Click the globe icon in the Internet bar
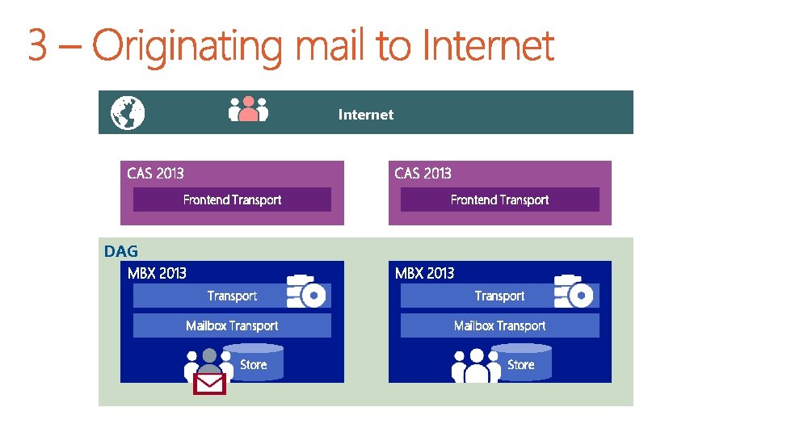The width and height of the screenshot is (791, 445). click(128, 113)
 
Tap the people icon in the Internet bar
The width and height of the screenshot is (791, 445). click(248, 110)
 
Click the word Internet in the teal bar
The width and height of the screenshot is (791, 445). click(365, 115)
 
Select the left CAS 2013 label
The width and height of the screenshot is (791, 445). click(155, 173)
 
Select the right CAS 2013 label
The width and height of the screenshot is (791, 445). click(423, 173)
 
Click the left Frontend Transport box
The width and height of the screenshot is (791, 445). click(232, 199)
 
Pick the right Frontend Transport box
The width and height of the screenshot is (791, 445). click(499, 199)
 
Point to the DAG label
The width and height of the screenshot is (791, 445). click(121, 251)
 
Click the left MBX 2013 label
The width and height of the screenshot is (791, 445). click(157, 273)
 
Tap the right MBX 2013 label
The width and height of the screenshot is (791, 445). click(424, 273)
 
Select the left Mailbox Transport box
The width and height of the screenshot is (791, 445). click(232, 325)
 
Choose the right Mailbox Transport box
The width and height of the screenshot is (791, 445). click(499, 325)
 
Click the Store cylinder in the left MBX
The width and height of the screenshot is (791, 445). click(253, 363)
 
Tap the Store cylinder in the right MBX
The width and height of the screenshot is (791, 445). click(520, 363)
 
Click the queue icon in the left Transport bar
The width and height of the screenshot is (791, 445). click(307, 292)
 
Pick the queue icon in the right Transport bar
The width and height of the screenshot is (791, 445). click(574, 292)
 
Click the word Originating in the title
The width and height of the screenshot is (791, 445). click(191, 46)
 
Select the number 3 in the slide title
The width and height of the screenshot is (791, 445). click(37, 46)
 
